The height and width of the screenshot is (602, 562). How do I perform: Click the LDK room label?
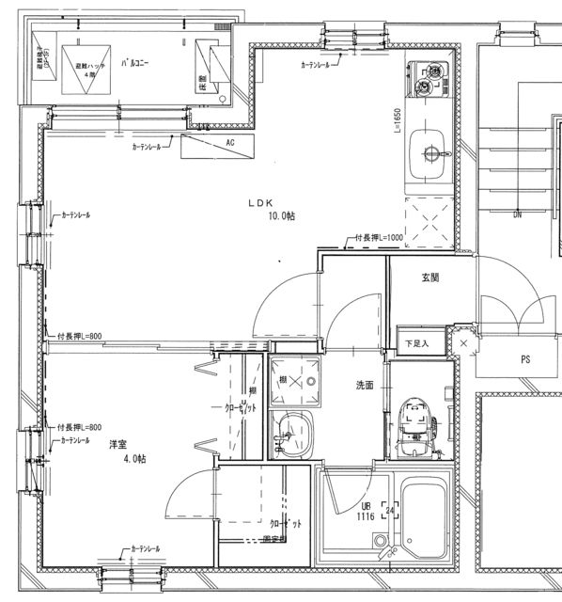coord(259,201)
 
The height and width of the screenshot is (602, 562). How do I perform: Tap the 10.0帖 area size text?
coord(280,215)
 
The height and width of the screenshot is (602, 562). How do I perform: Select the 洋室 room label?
coord(117,443)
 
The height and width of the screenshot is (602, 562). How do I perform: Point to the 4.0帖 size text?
coord(133,458)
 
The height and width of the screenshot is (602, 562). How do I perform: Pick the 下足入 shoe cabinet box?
coord(416,342)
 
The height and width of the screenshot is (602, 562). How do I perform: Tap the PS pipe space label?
coord(525,359)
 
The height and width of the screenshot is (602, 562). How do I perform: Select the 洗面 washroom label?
coord(365,386)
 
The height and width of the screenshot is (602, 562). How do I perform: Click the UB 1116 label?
coord(367,511)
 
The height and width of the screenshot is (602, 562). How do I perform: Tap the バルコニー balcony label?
coord(137,64)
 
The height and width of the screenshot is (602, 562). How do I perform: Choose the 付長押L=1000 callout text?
coord(379,238)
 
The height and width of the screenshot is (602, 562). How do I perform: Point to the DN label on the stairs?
coord(517,214)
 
